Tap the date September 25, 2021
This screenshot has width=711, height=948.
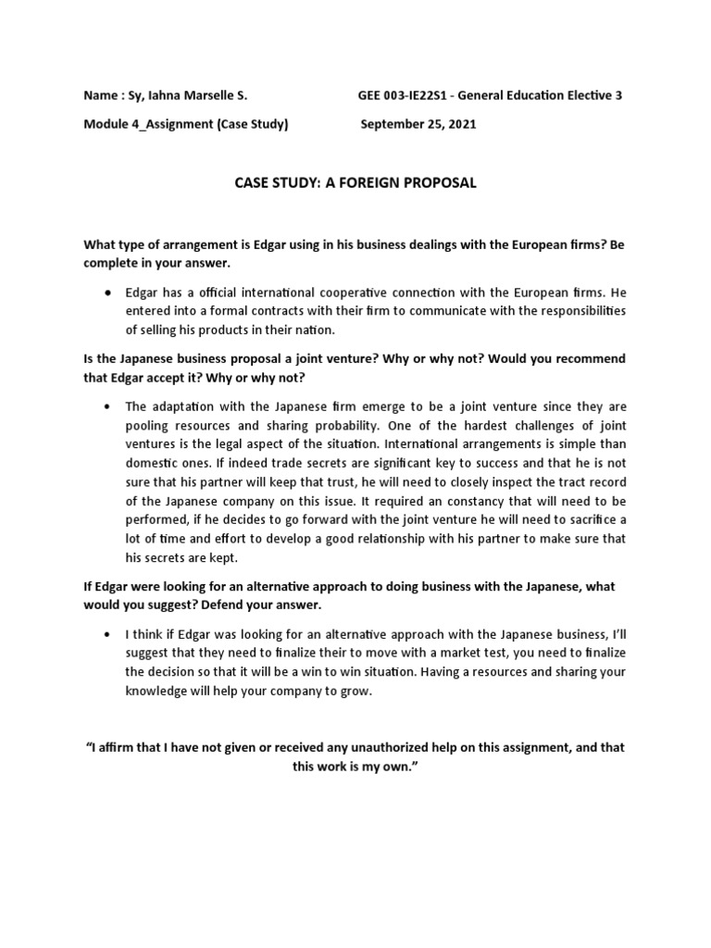(418, 125)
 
